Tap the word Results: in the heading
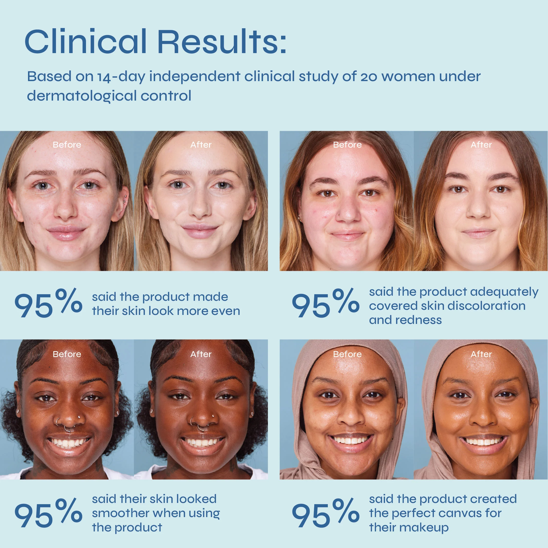(x=222, y=41)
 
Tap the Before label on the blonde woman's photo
(x=67, y=145)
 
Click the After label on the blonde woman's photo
(x=201, y=145)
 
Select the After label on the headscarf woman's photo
(x=481, y=354)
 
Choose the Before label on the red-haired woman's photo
(x=347, y=145)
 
